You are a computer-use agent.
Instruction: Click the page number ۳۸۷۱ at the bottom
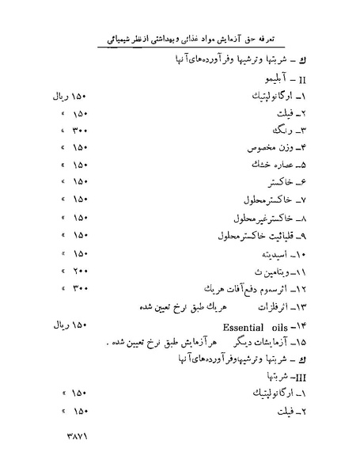click(x=73, y=435)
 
